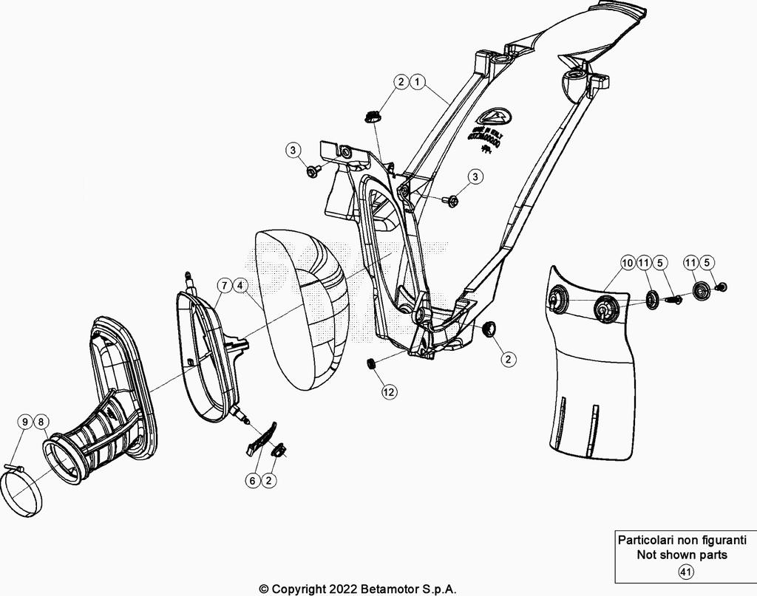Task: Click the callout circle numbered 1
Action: (x=418, y=82)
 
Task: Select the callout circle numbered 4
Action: (x=240, y=284)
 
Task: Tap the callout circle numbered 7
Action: (x=223, y=284)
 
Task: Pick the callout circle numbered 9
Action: (x=24, y=422)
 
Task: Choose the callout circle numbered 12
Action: (x=389, y=392)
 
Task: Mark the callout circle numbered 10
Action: (x=627, y=262)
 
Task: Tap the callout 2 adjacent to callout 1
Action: (x=400, y=82)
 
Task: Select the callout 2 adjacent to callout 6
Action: (x=269, y=480)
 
